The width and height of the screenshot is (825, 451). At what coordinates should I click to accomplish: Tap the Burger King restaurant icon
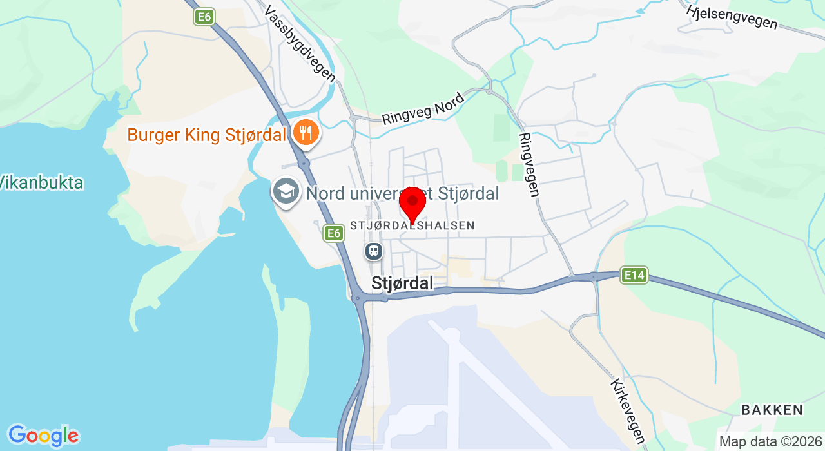pos(304,133)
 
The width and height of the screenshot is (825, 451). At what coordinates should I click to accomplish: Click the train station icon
pos(374,251)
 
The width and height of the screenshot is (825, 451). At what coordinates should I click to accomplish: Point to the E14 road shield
pos(634,276)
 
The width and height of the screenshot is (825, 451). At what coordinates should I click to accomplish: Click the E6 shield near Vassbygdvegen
pos(204,17)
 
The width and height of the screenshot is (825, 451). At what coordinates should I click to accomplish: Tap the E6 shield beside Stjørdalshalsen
pos(333,233)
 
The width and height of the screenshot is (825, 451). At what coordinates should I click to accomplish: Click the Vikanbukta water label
pos(42,183)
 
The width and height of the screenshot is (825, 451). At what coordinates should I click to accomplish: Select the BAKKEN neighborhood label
pos(772,410)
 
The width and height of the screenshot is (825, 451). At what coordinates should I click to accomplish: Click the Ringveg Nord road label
pos(423,110)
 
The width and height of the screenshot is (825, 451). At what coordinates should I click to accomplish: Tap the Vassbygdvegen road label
pos(300,44)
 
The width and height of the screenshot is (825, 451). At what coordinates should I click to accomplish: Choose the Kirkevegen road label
pos(627,411)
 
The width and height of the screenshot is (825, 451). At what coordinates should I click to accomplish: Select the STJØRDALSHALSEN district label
pos(412,225)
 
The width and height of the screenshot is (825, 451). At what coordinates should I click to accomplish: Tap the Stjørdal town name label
pos(402,284)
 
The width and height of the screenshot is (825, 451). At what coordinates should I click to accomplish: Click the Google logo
pos(43,436)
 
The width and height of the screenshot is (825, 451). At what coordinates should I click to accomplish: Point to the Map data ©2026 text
pos(771,442)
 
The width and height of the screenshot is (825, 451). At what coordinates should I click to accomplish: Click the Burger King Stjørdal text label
pos(206,135)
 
